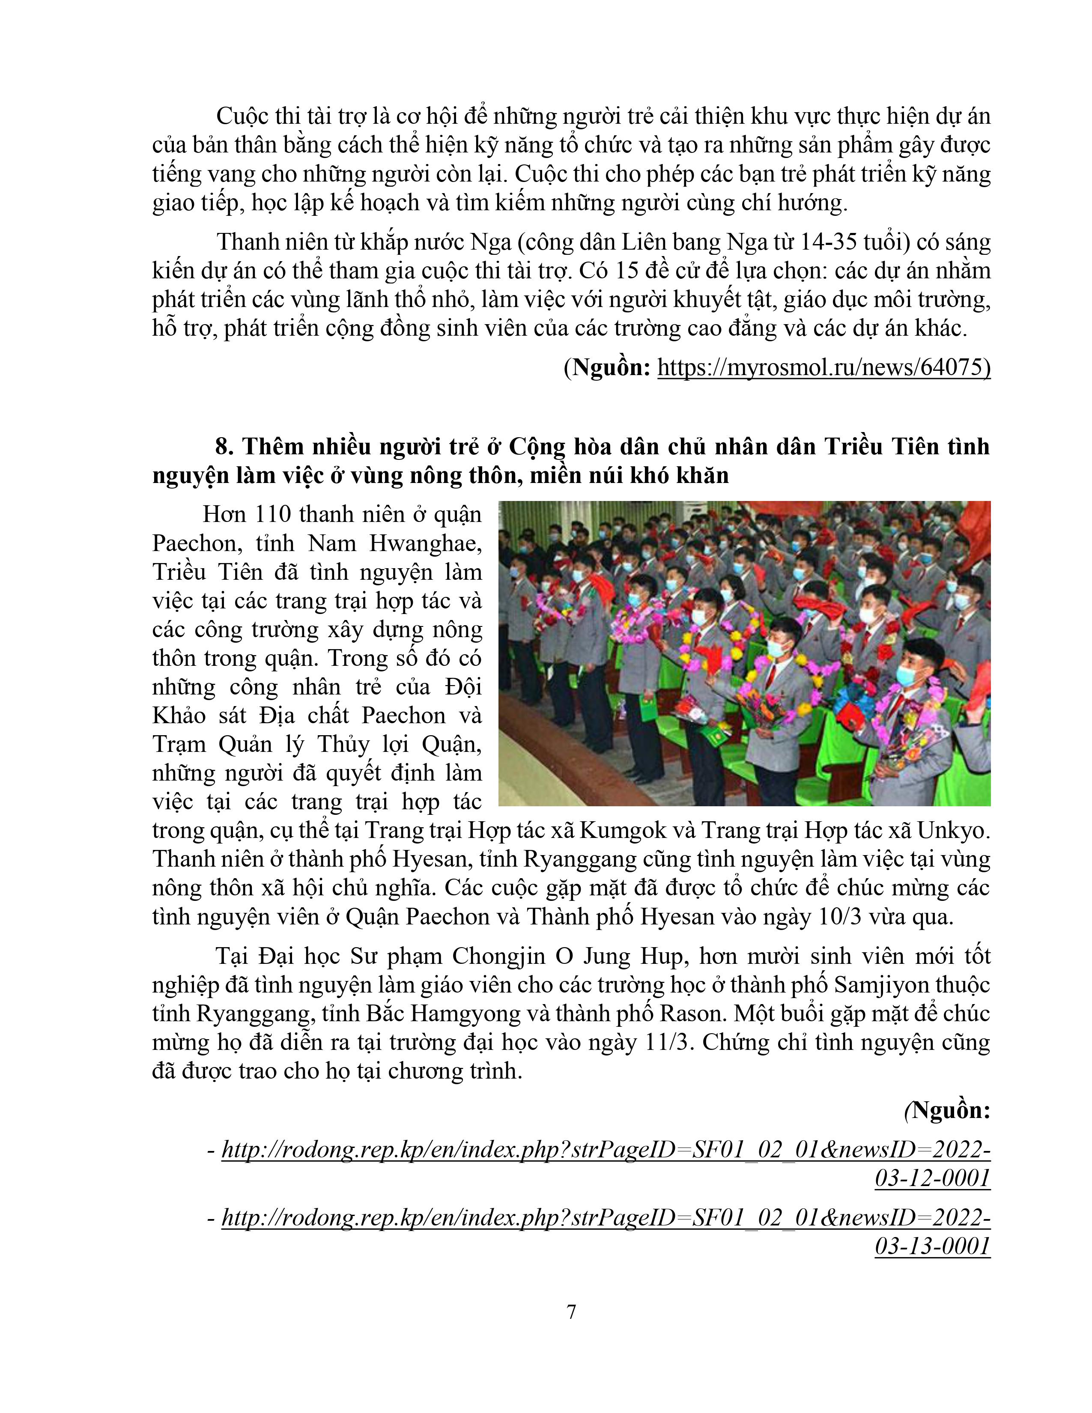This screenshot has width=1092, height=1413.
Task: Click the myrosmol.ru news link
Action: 823,367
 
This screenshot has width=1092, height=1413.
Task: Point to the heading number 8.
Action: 223,447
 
